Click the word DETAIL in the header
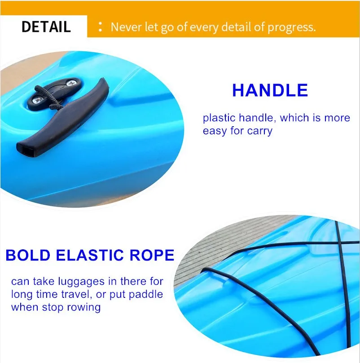(x=46, y=27)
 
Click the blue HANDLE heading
(x=270, y=91)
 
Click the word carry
(x=260, y=132)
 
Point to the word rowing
(x=85, y=308)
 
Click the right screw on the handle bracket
(x=71, y=84)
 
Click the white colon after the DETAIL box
(x=101, y=27)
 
